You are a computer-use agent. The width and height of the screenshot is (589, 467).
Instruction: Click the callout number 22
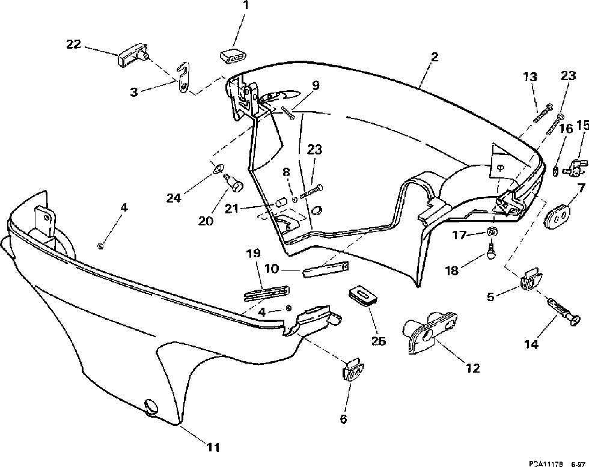(73, 43)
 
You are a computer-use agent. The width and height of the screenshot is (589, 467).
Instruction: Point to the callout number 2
(435, 57)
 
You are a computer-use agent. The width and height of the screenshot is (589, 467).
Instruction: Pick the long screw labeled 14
(559, 310)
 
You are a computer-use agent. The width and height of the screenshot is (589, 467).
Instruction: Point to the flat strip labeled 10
(325, 267)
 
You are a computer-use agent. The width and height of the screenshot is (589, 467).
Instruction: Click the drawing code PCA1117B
(545, 463)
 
